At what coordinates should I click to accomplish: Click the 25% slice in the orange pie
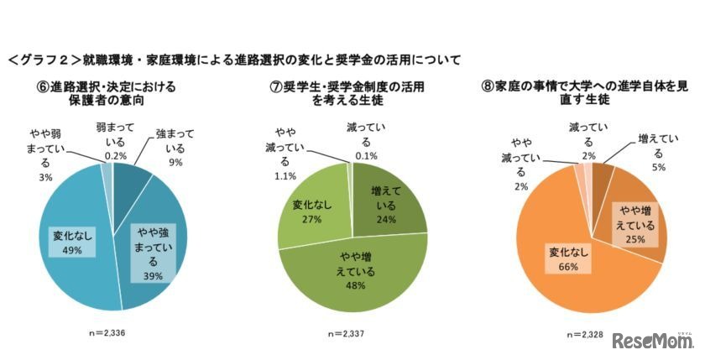tap(638, 222)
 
